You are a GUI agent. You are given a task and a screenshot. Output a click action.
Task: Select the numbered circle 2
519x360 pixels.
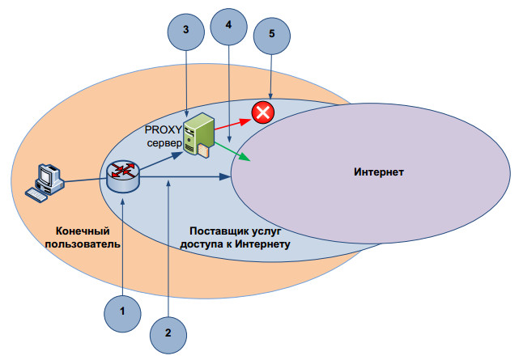coord(168,332)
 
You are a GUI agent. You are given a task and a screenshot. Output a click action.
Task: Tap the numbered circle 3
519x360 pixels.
coord(186,30)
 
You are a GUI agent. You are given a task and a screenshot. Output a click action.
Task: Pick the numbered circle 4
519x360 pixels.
coord(228,26)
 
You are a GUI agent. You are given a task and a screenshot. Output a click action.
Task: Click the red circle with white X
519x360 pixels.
coord(262,112)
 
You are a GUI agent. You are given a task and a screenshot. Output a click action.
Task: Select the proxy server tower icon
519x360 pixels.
coord(198,134)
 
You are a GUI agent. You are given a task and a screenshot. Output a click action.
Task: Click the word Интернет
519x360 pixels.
coord(379,172)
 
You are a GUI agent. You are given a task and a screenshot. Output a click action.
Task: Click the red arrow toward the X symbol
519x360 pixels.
coord(232,122)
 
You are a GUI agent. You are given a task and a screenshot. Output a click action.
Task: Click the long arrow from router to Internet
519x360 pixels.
coord(186,176)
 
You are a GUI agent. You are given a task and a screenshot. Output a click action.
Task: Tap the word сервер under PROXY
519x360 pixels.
coord(164,143)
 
